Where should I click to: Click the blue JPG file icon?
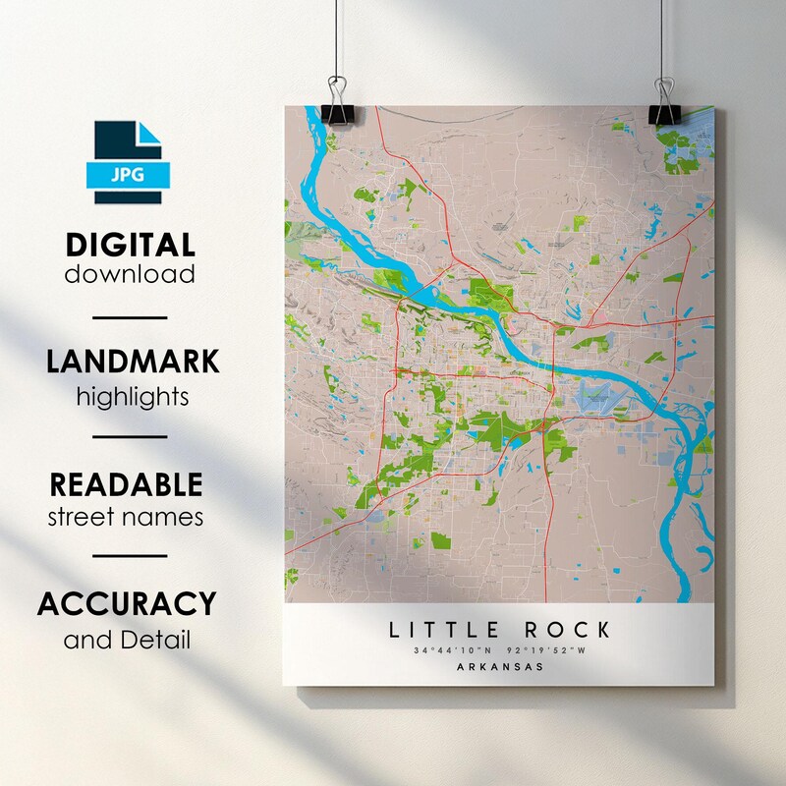131,162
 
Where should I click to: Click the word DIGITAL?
131,245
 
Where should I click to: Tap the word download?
131,273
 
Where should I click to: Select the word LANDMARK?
133,362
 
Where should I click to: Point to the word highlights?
133,396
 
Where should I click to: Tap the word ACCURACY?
127,603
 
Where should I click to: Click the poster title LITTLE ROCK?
499,630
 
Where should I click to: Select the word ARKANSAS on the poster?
499,667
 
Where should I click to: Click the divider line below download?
131,317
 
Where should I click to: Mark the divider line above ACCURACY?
131,556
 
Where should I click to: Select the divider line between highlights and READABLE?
131,436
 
